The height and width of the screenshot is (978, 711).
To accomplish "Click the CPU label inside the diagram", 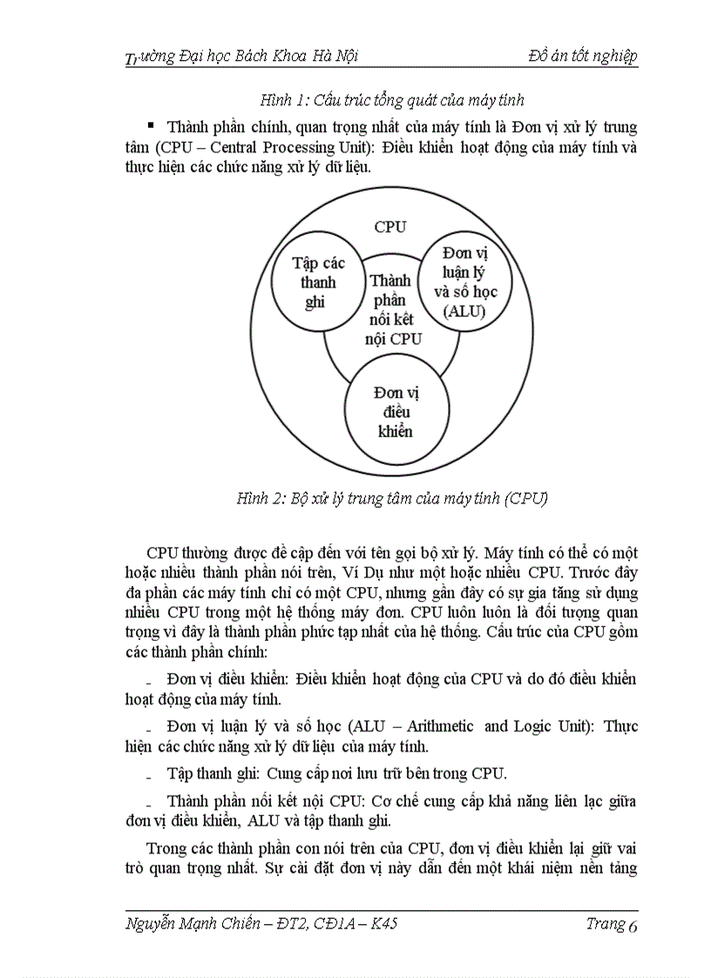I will point(390,227).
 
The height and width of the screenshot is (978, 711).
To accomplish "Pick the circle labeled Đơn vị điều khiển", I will point(391,410).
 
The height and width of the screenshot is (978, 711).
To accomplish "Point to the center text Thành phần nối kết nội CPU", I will point(391,310).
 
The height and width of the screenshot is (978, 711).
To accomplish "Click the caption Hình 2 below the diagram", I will point(391,499).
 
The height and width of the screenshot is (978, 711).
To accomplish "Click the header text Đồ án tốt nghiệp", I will point(583,57).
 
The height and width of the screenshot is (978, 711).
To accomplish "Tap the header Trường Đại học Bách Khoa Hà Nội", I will point(242,57).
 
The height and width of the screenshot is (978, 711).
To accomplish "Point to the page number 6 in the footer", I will point(633,926).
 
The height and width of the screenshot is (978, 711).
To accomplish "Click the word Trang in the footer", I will point(605,924).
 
